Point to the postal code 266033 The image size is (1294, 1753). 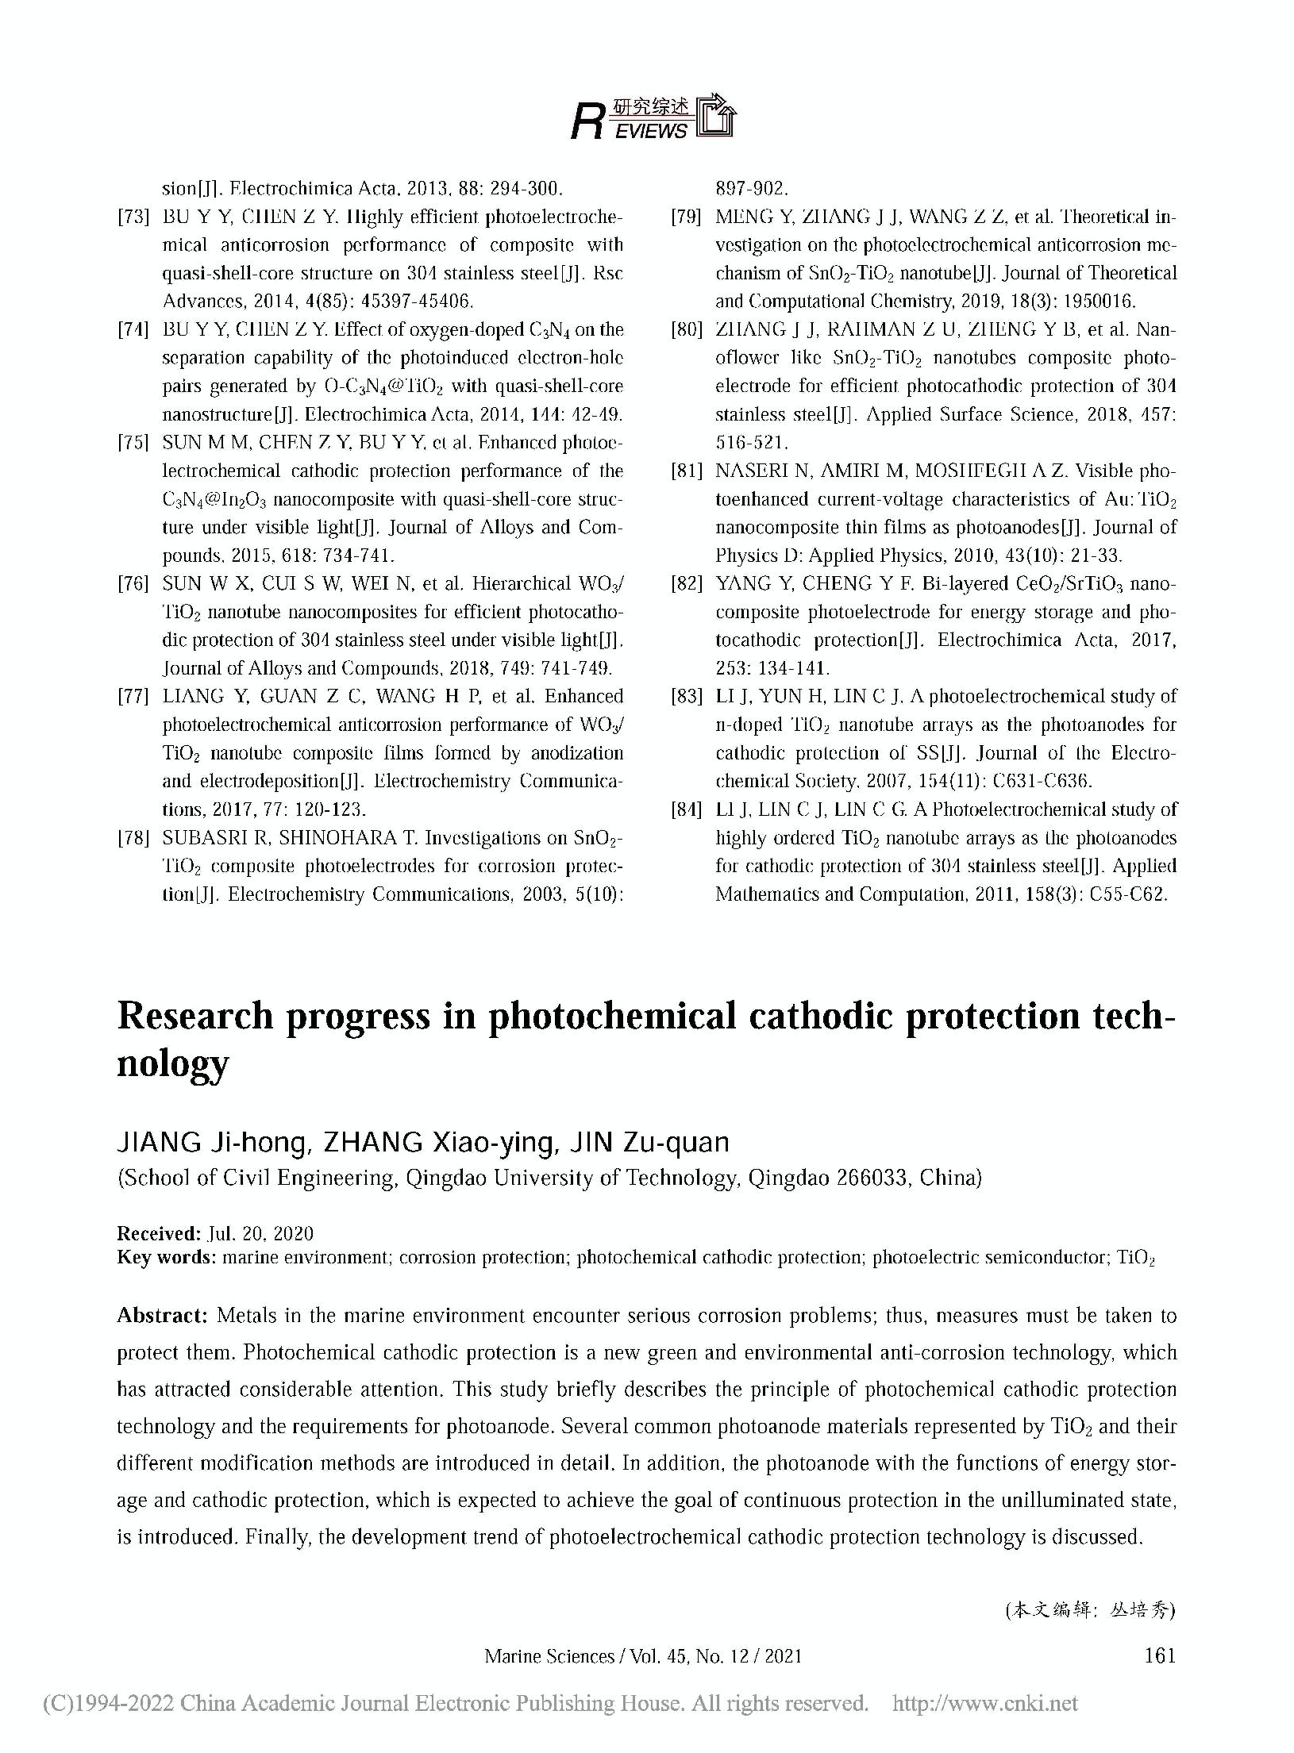(x=869, y=1178)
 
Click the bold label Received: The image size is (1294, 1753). (x=159, y=1233)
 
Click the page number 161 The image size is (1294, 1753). (x=1160, y=1655)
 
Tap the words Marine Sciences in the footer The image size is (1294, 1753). (x=549, y=1656)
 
